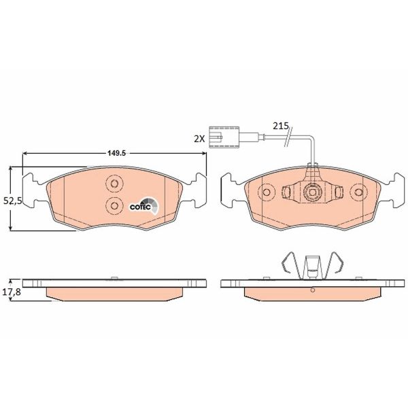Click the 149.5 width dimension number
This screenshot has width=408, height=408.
coord(114,153)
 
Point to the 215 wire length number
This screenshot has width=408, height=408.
coord(280,126)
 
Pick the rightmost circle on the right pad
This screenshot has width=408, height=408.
coord(356,194)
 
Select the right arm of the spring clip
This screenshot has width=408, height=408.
coord(335,265)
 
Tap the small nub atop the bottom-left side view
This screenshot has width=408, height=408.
coord(114,277)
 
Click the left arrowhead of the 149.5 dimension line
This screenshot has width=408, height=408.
coord(25,155)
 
